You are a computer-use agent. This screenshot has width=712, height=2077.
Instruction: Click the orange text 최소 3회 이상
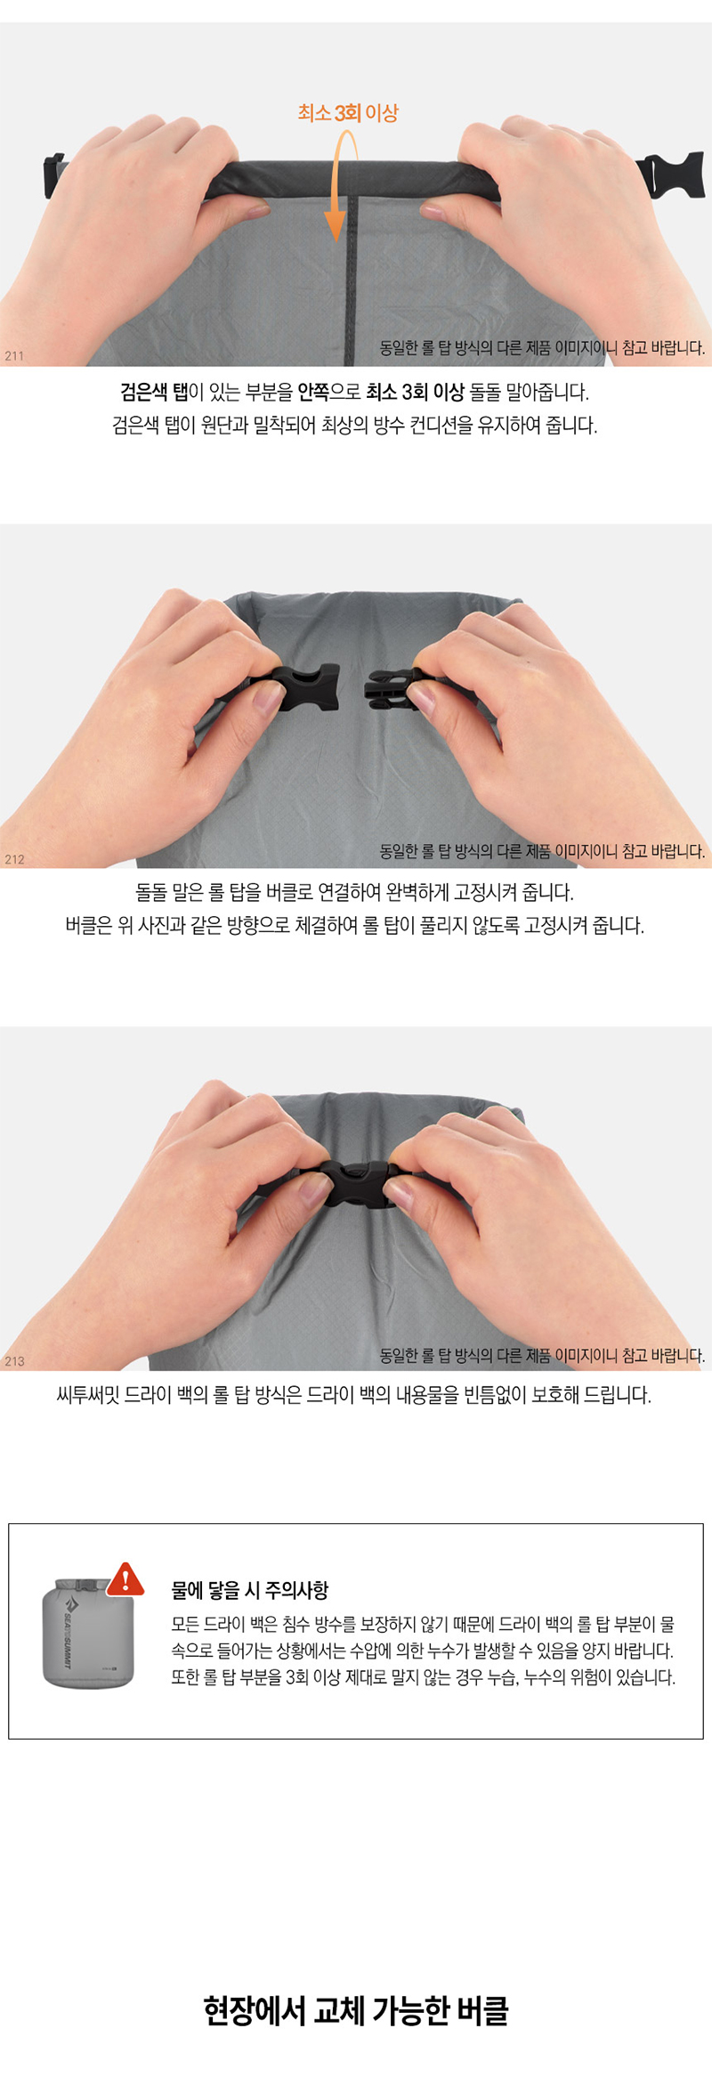coord(348,113)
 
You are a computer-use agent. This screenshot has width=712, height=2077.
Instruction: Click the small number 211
coord(14,356)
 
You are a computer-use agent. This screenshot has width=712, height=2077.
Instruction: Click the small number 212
coord(14,859)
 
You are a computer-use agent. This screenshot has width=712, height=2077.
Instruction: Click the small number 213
coord(14,1361)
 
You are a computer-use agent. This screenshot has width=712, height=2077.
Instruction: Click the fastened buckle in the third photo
coord(360,1183)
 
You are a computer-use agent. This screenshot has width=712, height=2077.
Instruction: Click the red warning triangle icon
coord(125,1579)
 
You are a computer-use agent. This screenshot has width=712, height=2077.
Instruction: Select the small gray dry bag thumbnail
coord(88,1633)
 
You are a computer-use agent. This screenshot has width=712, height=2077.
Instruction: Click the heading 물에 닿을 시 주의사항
coord(250,1589)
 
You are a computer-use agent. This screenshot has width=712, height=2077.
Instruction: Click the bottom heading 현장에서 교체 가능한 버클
coord(356,2010)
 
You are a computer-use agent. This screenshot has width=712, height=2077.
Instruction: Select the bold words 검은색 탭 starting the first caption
coord(155,392)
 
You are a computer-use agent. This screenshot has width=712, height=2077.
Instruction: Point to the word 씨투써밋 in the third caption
coord(87,1394)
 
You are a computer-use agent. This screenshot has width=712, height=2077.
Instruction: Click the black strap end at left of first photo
coord(53,175)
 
